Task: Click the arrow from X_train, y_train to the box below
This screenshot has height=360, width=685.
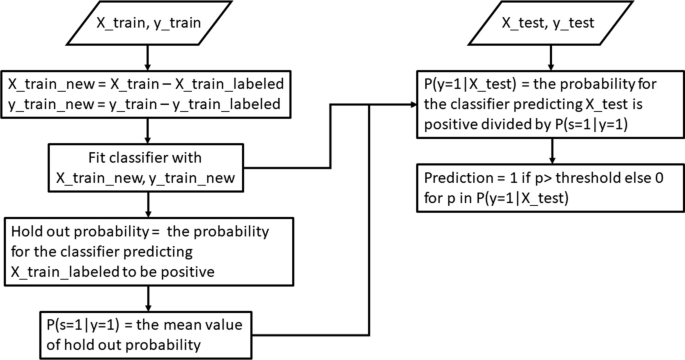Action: (x=147, y=53)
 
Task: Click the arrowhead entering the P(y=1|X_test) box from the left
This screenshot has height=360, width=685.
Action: (x=410, y=102)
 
